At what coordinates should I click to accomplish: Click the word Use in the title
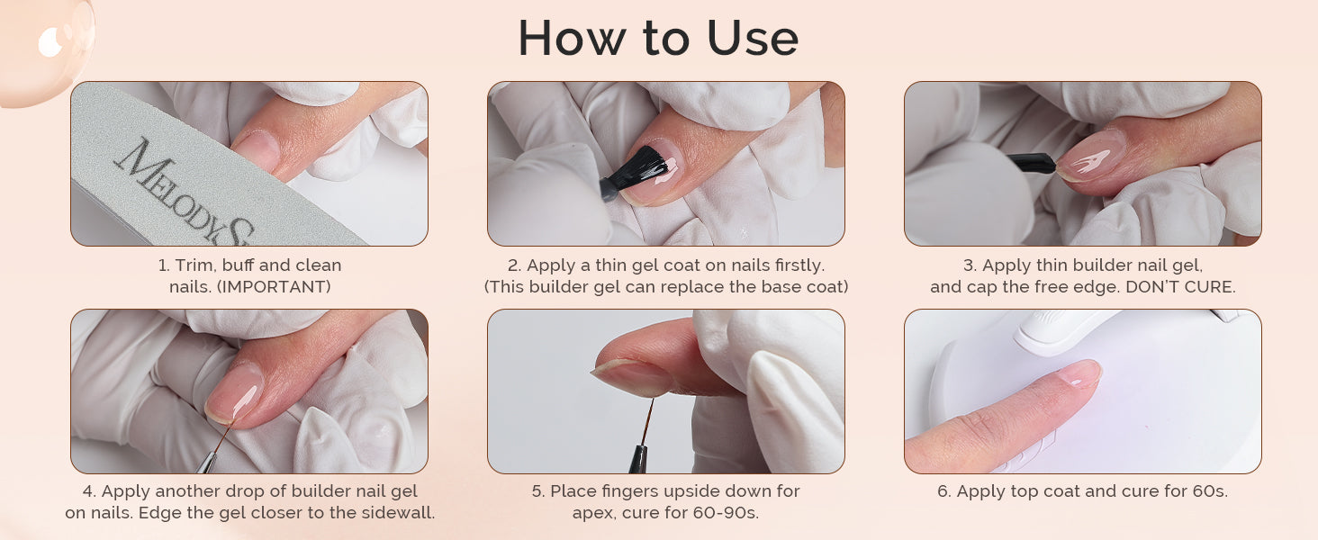point(753,38)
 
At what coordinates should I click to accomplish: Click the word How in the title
point(572,38)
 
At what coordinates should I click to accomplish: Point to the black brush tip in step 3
point(1034,162)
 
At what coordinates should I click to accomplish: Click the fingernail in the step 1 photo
point(256,149)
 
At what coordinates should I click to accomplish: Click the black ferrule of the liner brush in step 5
point(637,459)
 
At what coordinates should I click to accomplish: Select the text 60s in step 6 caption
point(1211,491)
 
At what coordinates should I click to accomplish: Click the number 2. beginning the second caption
point(514,265)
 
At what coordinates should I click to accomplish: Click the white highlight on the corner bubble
point(50,42)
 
